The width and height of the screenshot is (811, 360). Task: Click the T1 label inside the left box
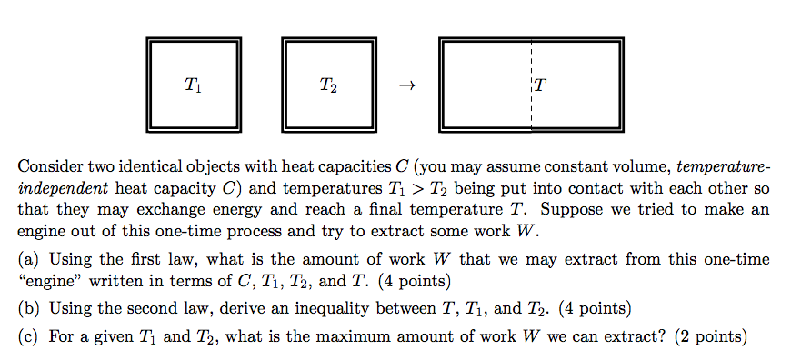pos(194,86)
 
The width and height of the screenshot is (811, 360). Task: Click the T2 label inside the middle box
pos(328,86)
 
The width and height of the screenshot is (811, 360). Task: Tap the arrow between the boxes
pos(406,87)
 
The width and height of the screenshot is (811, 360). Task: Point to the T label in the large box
pos(541,86)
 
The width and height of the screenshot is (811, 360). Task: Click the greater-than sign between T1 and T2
pos(447,189)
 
